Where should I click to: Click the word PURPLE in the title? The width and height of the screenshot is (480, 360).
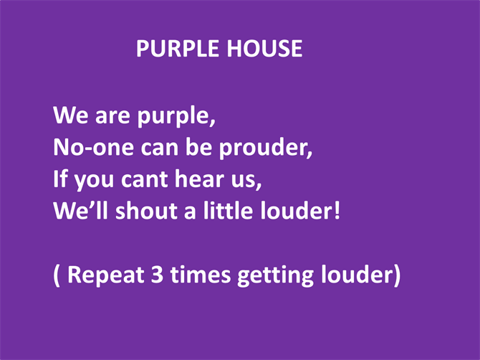pyautogui.click(x=178, y=49)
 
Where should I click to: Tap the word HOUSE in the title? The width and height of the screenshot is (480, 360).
pyautogui.click(x=265, y=49)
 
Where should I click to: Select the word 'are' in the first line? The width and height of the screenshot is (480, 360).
pyautogui.click(x=112, y=115)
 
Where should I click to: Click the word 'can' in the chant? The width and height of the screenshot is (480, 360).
pyautogui.click(x=160, y=148)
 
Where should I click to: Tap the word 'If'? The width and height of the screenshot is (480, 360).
pyautogui.click(x=60, y=179)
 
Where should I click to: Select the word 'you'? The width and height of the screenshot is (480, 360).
pyautogui.click(x=94, y=181)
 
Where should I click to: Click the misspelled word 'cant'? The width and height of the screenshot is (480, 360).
pyautogui.click(x=145, y=179)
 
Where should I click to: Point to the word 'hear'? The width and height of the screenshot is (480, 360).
pyautogui.click(x=199, y=179)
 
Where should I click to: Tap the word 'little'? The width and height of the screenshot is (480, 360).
pyautogui.click(x=228, y=211)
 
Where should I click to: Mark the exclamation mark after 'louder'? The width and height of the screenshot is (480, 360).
pyautogui.click(x=337, y=211)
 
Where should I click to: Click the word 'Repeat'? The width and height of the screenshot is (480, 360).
pyautogui.click(x=105, y=275)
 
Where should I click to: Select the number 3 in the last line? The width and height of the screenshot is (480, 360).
pyautogui.click(x=157, y=274)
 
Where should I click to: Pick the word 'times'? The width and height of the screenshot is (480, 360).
pyautogui.click(x=201, y=274)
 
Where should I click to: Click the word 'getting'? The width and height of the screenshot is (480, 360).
pyautogui.click(x=276, y=275)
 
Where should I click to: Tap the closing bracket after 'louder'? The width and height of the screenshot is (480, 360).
pyautogui.click(x=397, y=275)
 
